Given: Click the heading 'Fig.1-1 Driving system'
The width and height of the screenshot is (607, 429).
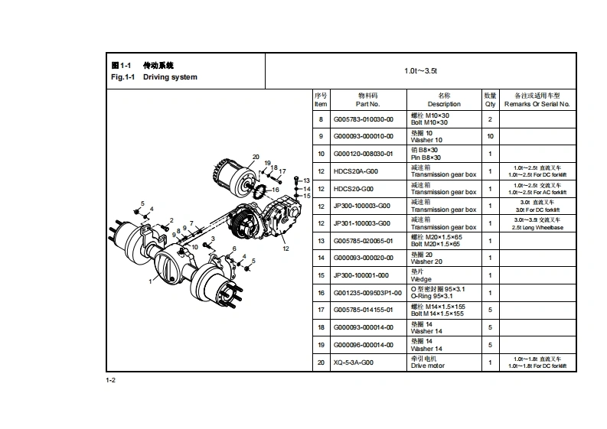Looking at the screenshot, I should click(x=154, y=77).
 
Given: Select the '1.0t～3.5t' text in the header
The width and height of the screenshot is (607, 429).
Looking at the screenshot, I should click(x=420, y=70).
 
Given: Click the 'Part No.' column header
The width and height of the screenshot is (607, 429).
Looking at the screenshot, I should click(x=367, y=103).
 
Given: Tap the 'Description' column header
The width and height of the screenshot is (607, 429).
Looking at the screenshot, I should click(x=444, y=103).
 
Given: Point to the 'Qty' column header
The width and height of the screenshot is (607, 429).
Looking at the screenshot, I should click(x=490, y=103).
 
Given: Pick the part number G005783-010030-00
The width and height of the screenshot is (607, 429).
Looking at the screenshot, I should click(x=364, y=119).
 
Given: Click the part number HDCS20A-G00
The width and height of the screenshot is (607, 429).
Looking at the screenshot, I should click(x=355, y=171).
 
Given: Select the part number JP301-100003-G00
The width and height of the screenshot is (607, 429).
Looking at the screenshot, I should click(x=361, y=223).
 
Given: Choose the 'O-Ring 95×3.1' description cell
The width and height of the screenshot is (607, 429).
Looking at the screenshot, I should click(x=438, y=296).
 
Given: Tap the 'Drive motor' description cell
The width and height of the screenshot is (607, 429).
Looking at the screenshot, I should click(x=428, y=366).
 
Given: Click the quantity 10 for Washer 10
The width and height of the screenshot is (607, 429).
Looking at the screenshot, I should click(x=490, y=136).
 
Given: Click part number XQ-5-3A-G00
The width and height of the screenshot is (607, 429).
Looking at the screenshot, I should click(x=356, y=362).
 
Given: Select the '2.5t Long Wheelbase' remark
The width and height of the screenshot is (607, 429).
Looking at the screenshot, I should click(x=537, y=227).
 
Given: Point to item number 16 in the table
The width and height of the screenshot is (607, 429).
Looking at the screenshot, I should click(x=321, y=293).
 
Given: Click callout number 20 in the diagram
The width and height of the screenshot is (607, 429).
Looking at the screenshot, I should click(x=256, y=157).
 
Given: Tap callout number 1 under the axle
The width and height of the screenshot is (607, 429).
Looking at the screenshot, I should click(x=150, y=281).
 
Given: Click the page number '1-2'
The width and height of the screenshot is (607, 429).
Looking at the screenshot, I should click(x=110, y=380).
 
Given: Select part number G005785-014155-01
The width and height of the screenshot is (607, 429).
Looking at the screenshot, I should click(x=364, y=310).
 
